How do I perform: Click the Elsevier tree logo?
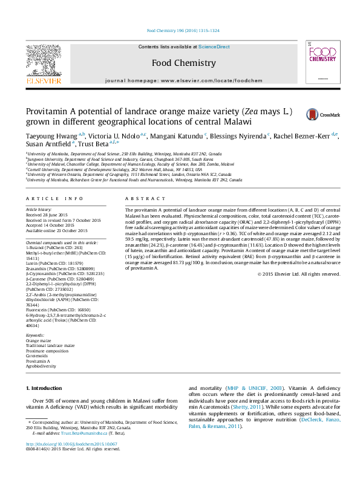click(x=43, y=60)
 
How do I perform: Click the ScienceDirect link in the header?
click(x=214, y=47)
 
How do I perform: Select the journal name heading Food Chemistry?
click(x=183, y=63)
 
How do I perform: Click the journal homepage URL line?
click(x=184, y=80)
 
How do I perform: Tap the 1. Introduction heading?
click(x=46, y=387)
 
